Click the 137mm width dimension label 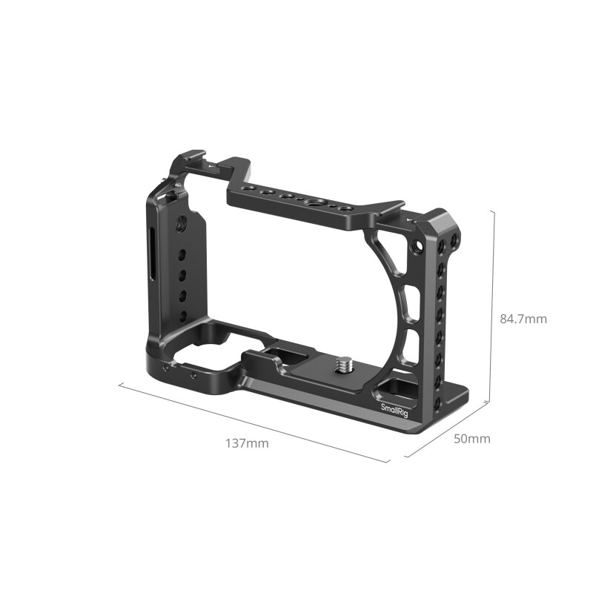(x=247, y=444)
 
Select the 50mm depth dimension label (x=471, y=439)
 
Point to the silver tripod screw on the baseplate (x=345, y=364)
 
